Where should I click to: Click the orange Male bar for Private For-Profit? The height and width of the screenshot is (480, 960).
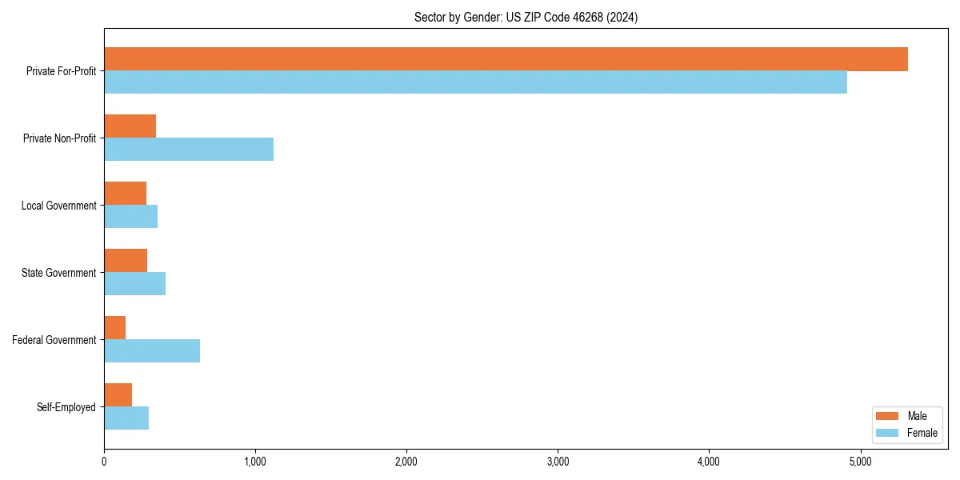click(x=506, y=59)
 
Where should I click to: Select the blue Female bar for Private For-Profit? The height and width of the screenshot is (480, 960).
click(x=475, y=82)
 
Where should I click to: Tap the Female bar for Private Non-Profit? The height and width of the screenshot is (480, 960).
click(x=189, y=150)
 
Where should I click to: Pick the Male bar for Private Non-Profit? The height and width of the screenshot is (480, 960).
click(x=130, y=126)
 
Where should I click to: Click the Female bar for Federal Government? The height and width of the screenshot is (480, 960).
click(x=152, y=351)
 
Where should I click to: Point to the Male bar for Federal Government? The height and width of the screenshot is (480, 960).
click(x=114, y=328)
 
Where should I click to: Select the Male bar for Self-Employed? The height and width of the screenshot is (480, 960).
click(x=118, y=395)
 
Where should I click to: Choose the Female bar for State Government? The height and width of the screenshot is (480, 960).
click(x=134, y=284)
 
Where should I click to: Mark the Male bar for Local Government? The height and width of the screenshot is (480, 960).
click(x=125, y=194)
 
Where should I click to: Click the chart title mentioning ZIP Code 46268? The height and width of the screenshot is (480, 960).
click(x=526, y=17)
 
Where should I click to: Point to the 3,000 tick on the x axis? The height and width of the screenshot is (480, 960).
click(x=558, y=462)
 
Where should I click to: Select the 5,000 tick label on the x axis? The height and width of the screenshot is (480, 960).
click(x=860, y=462)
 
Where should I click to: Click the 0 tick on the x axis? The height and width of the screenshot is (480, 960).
click(x=104, y=462)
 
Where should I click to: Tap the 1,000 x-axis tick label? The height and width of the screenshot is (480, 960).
click(x=255, y=462)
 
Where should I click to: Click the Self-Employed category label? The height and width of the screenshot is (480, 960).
click(x=66, y=407)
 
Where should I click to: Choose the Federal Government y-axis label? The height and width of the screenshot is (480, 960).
click(x=54, y=340)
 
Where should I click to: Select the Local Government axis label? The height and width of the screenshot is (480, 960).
click(x=58, y=206)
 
